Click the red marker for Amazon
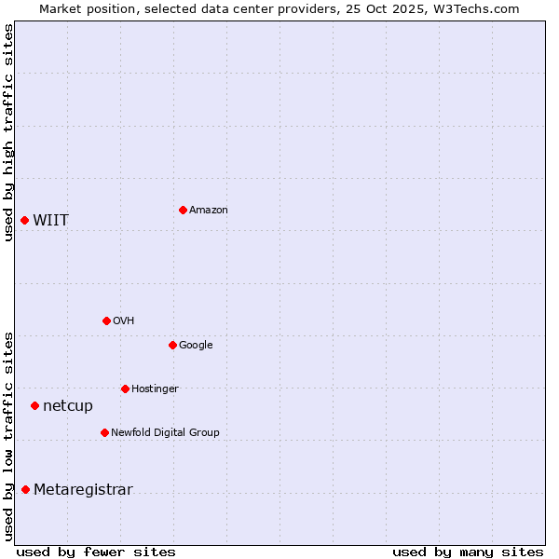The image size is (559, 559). (x=183, y=210)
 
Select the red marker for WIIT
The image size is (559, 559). (x=25, y=220)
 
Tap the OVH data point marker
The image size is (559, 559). (x=106, y=320)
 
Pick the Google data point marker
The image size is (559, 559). (x=172, y=345)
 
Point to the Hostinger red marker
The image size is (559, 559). (x=125, y=389)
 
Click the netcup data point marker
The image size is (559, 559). (x=34, y=405)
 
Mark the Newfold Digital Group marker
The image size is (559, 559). (x=104, y=432)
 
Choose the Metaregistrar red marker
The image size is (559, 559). (x=25, y=490)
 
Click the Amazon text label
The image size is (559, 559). (x=209, y=211)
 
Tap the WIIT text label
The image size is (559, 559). (x=51, y=221)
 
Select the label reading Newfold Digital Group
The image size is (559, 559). (x=166, y=432)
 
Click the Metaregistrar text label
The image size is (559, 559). (x=83, y=490)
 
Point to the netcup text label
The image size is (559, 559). (x=68, y=406)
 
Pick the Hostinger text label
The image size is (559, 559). (x=155, y=389)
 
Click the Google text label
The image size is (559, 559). (x=196, y=346)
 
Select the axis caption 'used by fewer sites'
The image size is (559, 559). (x=96, y=552)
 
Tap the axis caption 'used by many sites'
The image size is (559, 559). (x=468, y=552)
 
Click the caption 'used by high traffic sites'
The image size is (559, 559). (x=9, y=132)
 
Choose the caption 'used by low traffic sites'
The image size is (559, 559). (x=9, y=435)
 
